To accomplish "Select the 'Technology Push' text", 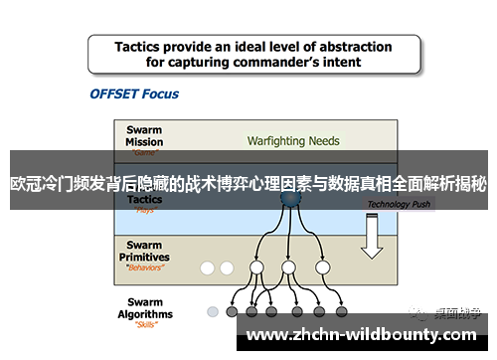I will click(400, 205).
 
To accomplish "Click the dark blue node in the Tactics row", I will click(289, 200).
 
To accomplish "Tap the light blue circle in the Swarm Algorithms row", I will click(212, 311).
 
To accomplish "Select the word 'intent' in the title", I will click(340, 62).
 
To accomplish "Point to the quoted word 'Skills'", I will click(146, 324).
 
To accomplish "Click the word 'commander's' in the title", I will click(272, 62).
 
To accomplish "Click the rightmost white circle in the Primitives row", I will click(321, 268).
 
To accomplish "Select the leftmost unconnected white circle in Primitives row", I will click(208, 268).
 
